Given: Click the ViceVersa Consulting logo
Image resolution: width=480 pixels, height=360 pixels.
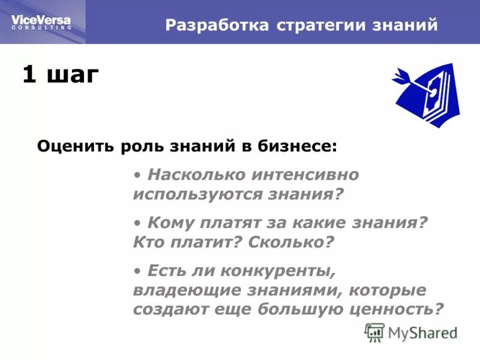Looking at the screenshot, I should tap(41, 22).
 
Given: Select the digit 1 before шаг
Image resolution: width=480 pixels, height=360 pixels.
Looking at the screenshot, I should tap(28, 76).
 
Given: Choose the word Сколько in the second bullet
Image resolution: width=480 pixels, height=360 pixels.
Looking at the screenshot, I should tap(288, 243).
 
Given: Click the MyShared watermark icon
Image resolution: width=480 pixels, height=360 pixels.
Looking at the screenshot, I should tap(374, 332).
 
